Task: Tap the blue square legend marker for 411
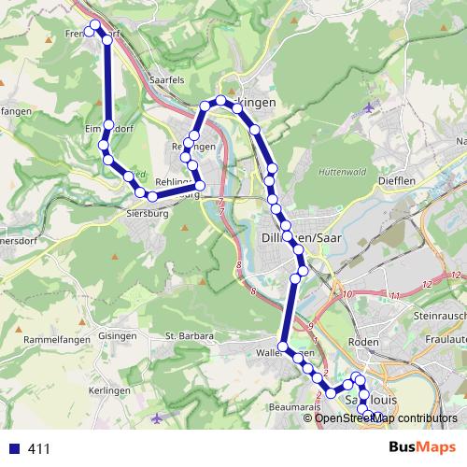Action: [12, 448]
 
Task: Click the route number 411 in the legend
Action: [39, 449]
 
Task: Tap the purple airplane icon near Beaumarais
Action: [167, 415]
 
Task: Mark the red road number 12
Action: [428, 283]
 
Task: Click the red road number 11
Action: [395, 295]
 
